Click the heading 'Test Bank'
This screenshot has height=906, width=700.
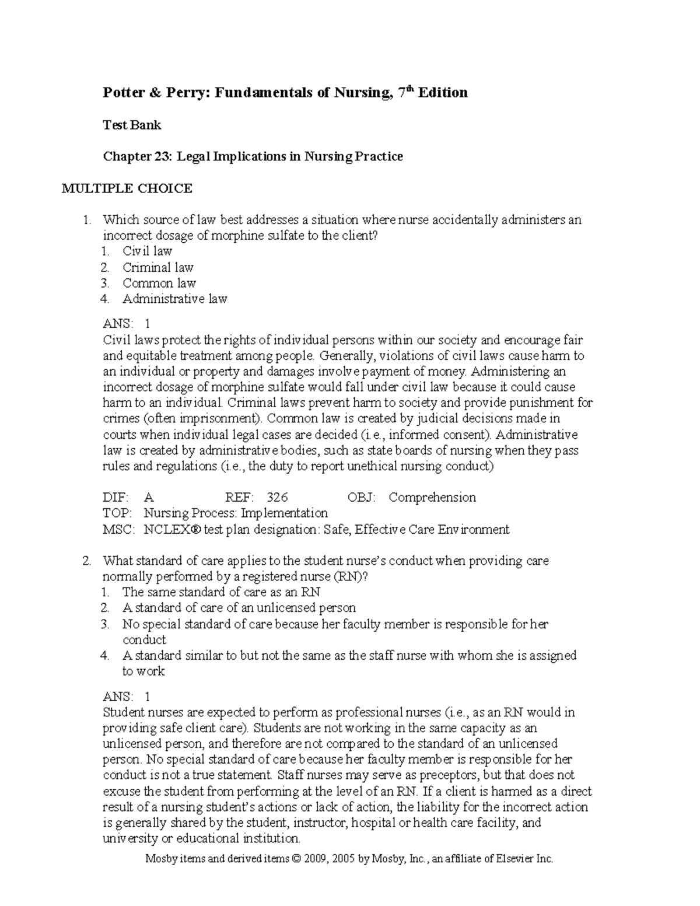tap(132, 125)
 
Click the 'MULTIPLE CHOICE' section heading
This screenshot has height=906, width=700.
tap(127, 188)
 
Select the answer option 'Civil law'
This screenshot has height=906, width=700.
tap(147, 251)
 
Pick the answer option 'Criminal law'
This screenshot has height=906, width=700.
tap(157, 268)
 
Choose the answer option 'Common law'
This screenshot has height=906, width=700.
tap(159, 284)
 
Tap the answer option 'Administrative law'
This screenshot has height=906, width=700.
tap(174, 299)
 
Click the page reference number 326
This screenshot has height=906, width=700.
tap(277, 498)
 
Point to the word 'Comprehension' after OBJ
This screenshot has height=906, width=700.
tap(432, 498)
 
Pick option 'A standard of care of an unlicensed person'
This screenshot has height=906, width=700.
tap(239, 608)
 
